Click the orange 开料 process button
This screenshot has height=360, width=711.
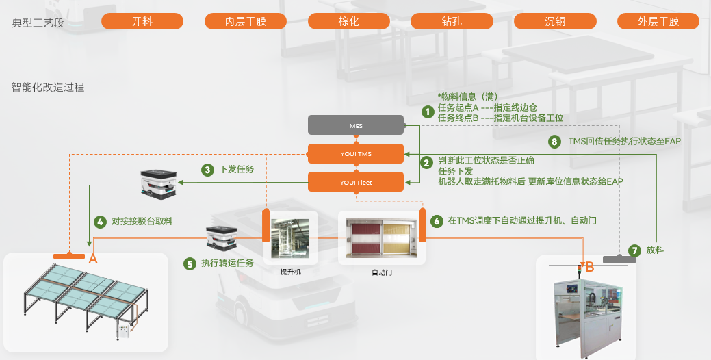point(142,22)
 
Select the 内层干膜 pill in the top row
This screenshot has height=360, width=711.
point(246,22)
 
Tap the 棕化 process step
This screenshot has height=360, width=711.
point(349,22)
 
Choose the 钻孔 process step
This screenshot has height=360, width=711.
point(452,22)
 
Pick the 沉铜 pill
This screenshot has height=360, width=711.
point(555,22)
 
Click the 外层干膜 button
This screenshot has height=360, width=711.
point(658,22)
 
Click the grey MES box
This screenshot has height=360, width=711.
point(356,126)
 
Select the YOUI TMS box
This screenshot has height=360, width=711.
point(356,153)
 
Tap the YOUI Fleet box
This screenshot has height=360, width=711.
point(356,182)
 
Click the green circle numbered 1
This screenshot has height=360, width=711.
point(428,112)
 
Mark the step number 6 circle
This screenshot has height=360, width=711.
point(437,221)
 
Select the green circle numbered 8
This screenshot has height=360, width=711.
point(555,142)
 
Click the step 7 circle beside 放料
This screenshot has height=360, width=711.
point(634,250)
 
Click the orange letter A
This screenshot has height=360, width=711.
point(94,259)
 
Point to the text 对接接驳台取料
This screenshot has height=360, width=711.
point(142,222)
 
